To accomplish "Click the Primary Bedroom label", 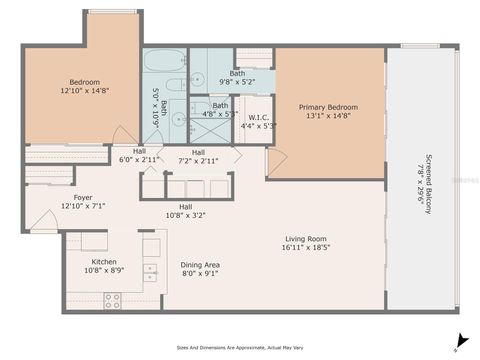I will pyautogui.click(x=329, y=107).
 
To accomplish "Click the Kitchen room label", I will pyautogui.click(x=105, y=261).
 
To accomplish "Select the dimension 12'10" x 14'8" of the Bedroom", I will pyautogui.click(x=83, y=90).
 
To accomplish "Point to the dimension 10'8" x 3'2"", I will pyautogui.click(x=185, y=214).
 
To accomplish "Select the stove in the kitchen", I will pyautogui.click(x=112, y=299).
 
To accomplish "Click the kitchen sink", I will pyautogui.click(x=150, y=270).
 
